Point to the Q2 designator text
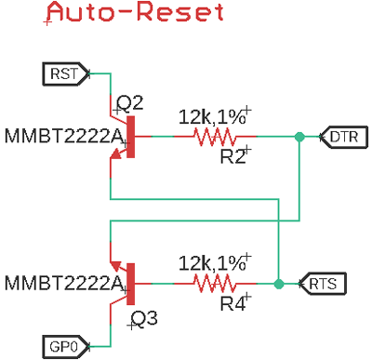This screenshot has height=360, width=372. coord(129,103)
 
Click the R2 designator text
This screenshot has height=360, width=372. coord(233,157)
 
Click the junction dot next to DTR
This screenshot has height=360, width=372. coord(299,138)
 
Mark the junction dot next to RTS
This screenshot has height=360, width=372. coord(279,282)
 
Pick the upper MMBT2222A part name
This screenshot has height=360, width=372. coord(63,138)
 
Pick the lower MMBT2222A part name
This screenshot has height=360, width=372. coord(63,282)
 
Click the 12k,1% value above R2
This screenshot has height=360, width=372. coord(212,117)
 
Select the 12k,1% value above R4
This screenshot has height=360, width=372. coord(212,261)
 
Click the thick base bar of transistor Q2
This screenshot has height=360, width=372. coord(130,138)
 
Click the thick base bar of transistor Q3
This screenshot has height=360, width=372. coord(130,282)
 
